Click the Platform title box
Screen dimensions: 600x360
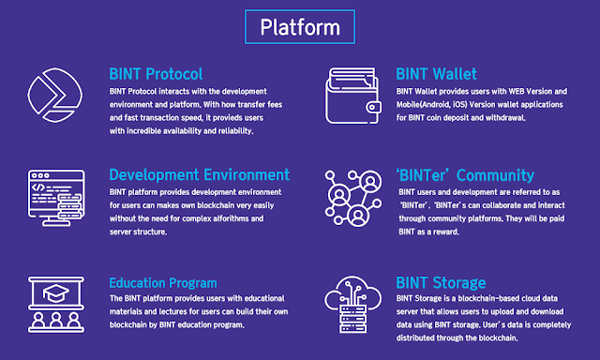[x=300, y=27]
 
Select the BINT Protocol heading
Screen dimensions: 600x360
[x=156, y=74]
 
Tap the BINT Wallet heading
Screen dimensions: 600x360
[x=436, y=74]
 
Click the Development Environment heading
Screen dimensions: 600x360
[x=200, y=174]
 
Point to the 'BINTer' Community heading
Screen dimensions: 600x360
[x=465, y=175]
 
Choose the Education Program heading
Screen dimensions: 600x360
[x=163, y=283]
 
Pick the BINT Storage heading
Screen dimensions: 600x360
[x=441, y=283]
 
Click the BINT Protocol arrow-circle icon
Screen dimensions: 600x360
[x=54, y=96]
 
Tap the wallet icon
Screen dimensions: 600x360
[x=353, y=96]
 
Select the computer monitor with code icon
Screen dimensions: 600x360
[x=56, y=198]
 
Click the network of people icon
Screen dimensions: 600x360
[x=352, y=198]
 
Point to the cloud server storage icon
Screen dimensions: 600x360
[x=352, y=304]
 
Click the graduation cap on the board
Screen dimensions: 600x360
[x=56, y=293]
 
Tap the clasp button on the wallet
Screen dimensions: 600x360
[x=373, y=108]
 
